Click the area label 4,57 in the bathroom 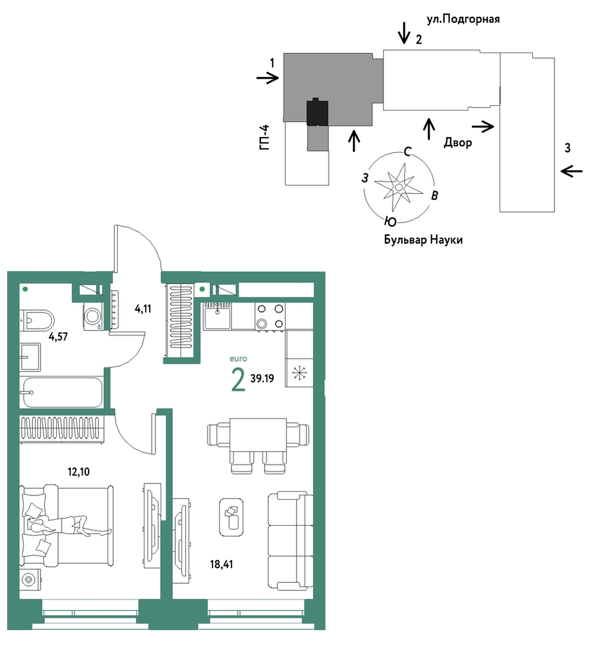point(58,337)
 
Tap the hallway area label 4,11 point(143,309)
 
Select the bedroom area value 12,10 point(79,471)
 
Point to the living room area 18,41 point(222,564)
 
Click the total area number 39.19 point(262,378)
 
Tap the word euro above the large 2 point(238,358)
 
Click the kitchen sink point(217,316)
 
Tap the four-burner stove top point(270,316)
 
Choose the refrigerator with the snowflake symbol point(299,373)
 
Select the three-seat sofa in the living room point(290,541)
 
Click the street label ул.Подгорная point(463,19)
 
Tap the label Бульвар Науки point(423,239)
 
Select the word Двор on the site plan point(458,142)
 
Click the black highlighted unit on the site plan point(318,112)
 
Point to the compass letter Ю point(390,221)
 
